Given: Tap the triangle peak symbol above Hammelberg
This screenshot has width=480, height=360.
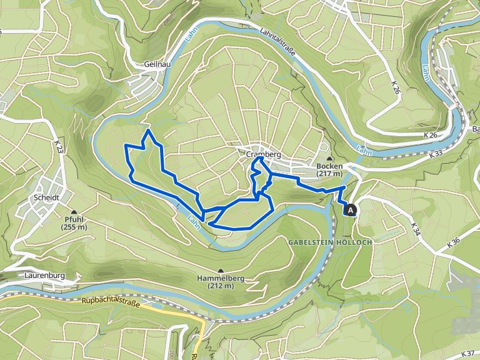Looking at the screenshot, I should point(220,271).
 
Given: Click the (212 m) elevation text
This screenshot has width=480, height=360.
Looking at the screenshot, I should point(220,286).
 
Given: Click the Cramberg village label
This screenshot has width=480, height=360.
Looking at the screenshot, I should point(262,154).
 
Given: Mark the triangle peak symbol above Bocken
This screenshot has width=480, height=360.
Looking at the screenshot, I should point(329,159).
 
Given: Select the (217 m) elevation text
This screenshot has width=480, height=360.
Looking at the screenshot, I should point(329,174).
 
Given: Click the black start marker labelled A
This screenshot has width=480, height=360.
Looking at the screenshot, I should point(352,211).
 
